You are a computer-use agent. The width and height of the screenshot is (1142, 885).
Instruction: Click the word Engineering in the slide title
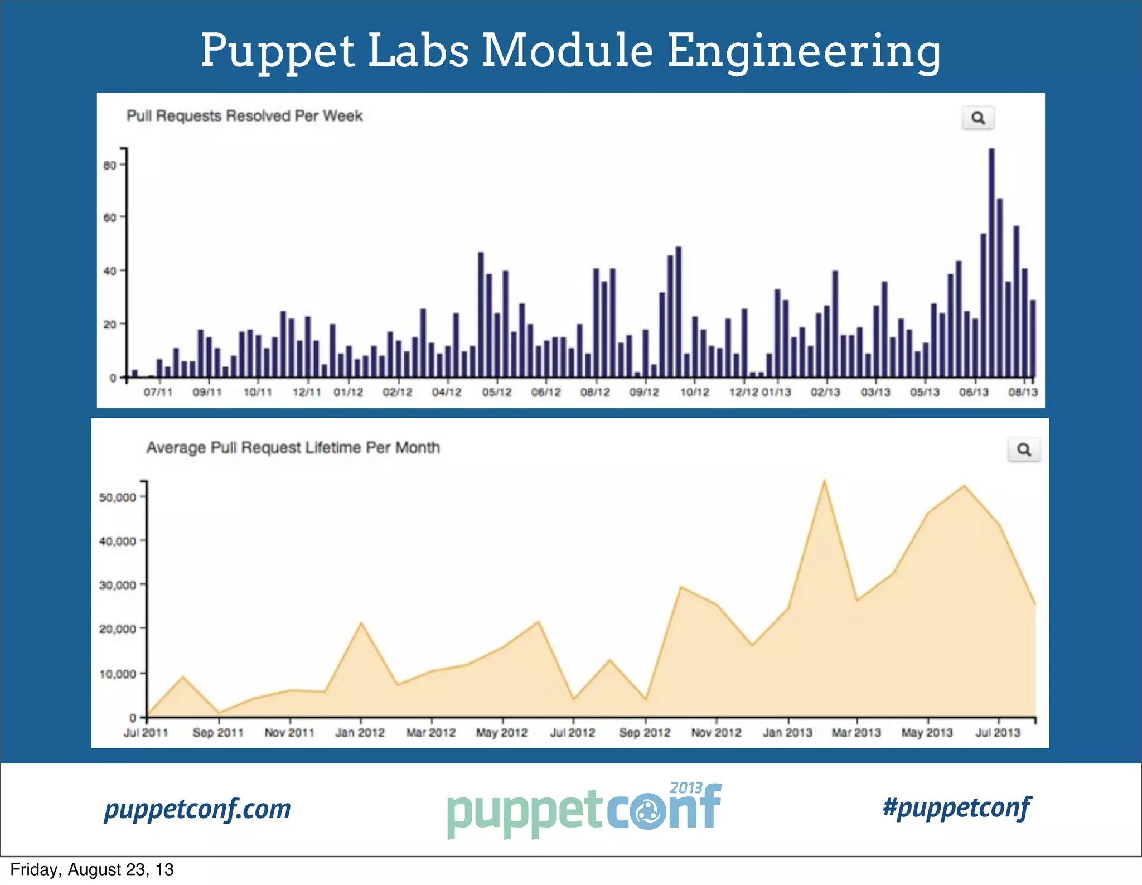tap(804, 51)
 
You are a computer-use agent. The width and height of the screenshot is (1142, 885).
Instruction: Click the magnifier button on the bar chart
tap(978, 118)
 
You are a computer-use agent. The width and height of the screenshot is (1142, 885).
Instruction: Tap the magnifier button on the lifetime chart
tap(1024, 449)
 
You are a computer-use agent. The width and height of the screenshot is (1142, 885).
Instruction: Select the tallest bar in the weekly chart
tap(991, 262)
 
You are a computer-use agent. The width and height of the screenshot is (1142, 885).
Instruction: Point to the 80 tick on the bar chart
tap(110, 165)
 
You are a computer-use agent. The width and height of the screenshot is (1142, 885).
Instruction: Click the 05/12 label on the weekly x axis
tap(496, 393)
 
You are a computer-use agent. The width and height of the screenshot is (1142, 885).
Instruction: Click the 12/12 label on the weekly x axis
tap(743, 393)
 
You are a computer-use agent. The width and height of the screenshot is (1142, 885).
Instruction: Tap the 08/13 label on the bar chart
tap(1023, 393)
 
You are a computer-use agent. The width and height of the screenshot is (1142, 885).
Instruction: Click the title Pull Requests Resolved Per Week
tap(244, 116)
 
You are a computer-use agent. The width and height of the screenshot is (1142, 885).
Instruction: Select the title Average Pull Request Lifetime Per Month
tap(293, 448)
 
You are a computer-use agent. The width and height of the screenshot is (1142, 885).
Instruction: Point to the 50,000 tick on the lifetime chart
tap(117, 497)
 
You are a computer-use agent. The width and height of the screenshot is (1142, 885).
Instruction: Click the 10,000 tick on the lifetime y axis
tap(117, 674)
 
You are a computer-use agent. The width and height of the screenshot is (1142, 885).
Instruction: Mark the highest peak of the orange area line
tap(824, 481)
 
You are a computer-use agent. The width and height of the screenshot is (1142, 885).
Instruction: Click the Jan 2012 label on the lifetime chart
tap(360, 733)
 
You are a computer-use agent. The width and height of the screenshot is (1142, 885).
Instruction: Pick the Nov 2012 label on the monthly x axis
tap(716, 733)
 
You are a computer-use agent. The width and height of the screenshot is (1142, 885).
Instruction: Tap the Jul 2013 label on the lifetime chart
tap(998, 733)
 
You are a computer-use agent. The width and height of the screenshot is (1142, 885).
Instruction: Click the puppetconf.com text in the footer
tap(197, 809)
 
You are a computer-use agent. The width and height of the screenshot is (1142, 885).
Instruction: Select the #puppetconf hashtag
tap(957, 807)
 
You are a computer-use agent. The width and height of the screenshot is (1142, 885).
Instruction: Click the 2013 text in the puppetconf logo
tap(686, 788)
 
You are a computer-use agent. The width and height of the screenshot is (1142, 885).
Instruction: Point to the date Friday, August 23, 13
tap(92, 869)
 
